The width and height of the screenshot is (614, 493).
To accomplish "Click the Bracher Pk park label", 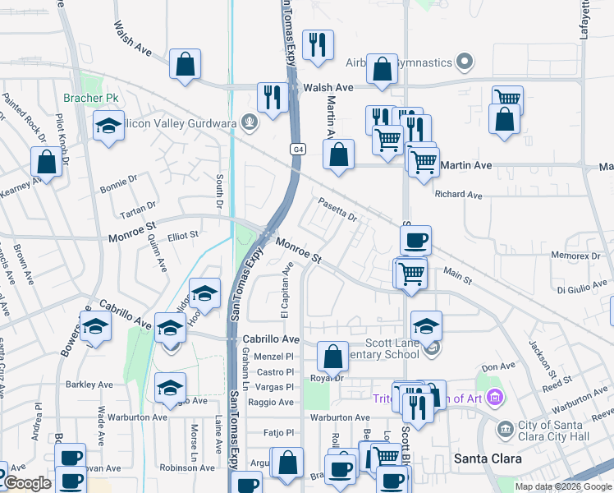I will coord(91,99).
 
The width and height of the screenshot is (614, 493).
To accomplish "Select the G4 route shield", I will coord(300,150).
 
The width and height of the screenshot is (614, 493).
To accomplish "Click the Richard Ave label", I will coord(459,195).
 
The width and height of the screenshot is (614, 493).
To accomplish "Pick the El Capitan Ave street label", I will coord(286,291).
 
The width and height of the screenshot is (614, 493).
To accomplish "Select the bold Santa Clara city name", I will coord(483,457).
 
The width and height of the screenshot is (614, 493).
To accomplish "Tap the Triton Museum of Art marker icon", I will coord(493,399).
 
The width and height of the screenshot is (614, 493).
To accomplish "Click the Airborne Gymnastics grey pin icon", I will coord(465,62).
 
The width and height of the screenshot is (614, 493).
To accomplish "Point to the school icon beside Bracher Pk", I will coord(108,127).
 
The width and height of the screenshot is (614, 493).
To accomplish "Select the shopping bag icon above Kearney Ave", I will coord(47,161).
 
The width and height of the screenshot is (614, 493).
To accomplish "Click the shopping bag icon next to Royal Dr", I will coord(332,357).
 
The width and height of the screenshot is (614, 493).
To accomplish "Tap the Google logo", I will coord(27,484).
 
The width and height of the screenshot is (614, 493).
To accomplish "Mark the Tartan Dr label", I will coord(139,205).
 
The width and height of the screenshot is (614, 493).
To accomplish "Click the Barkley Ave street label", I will coord(89,384).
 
